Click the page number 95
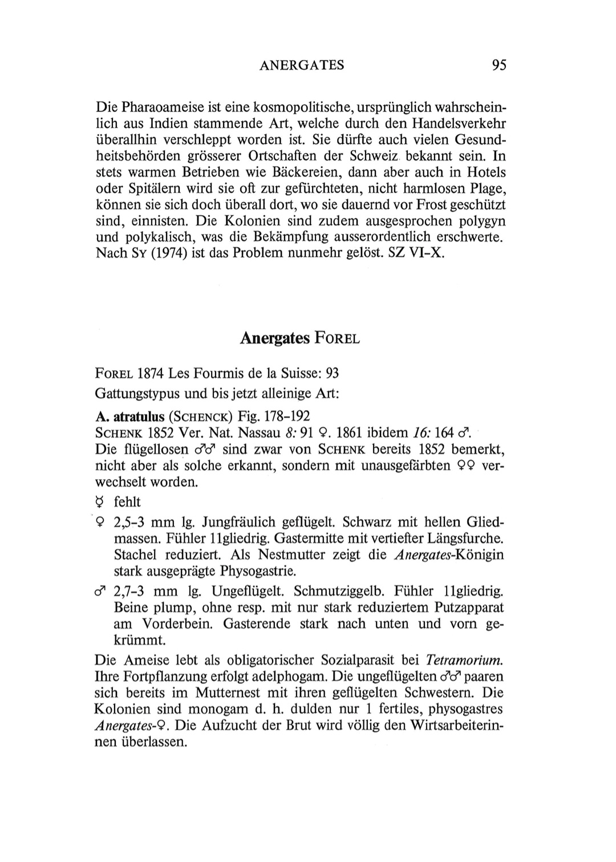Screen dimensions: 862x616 click(x=499, y=65)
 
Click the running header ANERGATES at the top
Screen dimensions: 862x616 click(x=302, y=65)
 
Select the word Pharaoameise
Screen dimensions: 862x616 click(x=165, y=107)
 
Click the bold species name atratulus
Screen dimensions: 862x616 click(x=140, y=416)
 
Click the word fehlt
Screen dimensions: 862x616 click(x=127, y=501)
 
